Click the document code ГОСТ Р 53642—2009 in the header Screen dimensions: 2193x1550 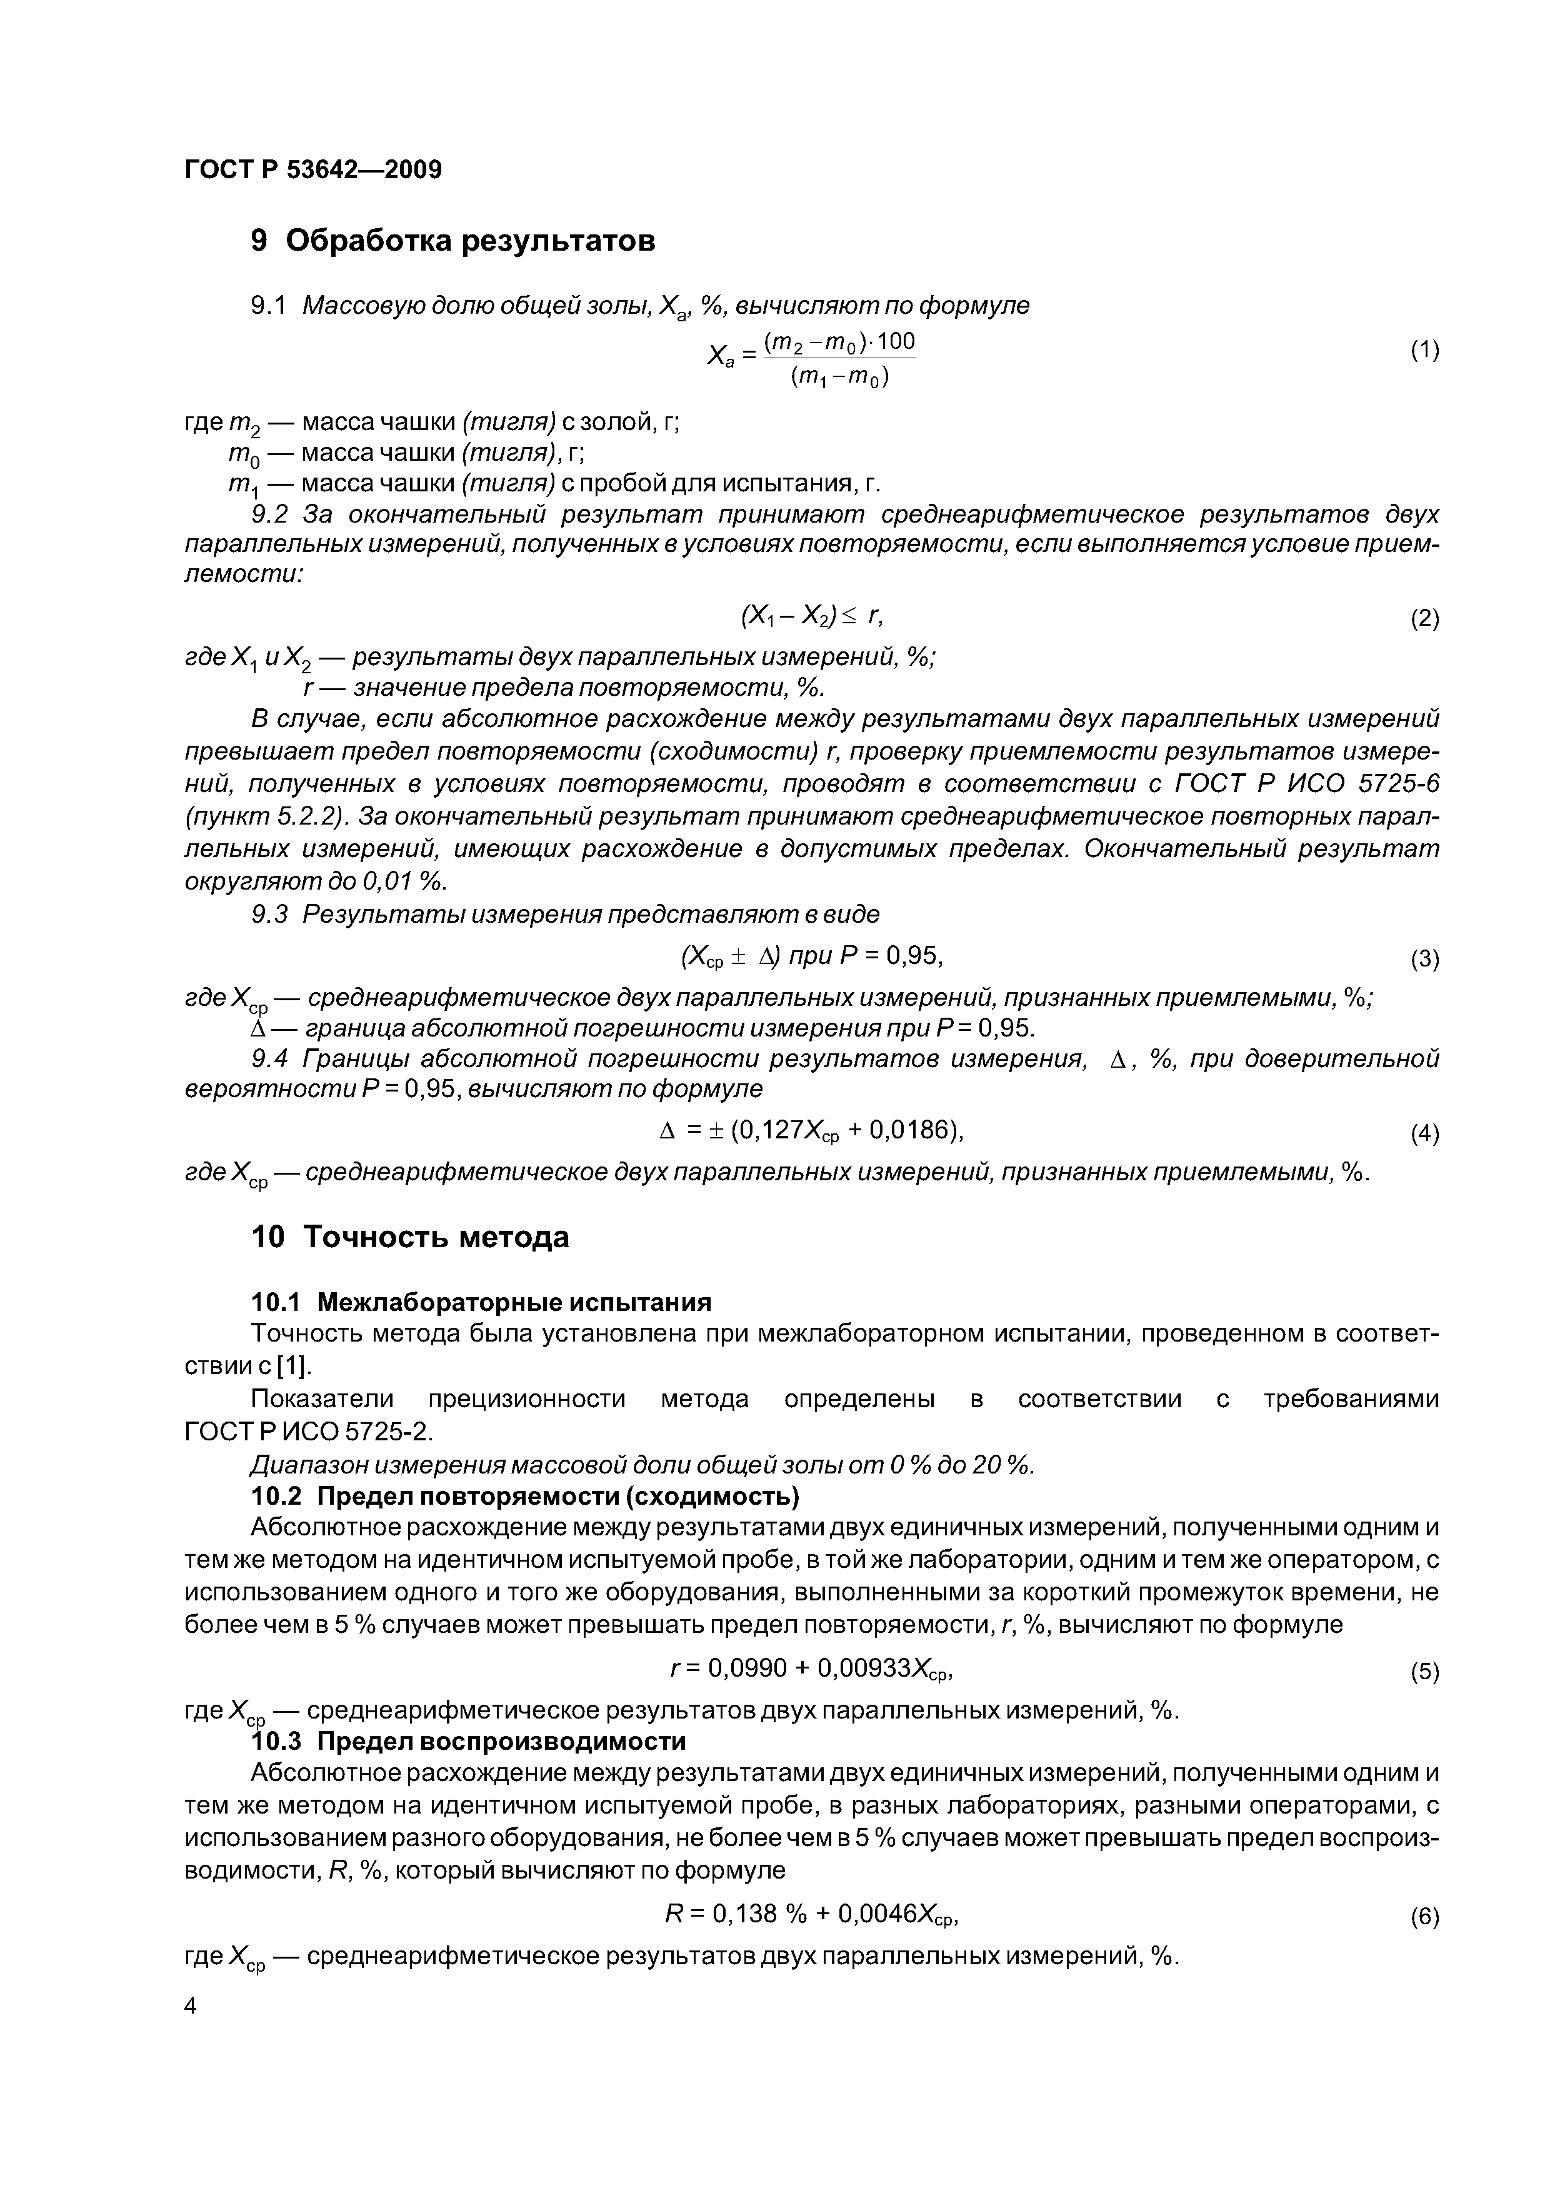coord(312,170)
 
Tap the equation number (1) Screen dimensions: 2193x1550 coord(1424,351)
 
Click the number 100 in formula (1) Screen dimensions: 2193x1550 coord(895,341)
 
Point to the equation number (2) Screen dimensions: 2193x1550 coord(1424,619)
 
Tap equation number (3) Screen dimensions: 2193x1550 coord(1424,958)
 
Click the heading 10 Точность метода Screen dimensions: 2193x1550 coord(410,1237)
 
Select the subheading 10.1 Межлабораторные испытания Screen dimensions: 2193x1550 coord(481,1302)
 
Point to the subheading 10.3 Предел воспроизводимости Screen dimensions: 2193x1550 coord(468,1741)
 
